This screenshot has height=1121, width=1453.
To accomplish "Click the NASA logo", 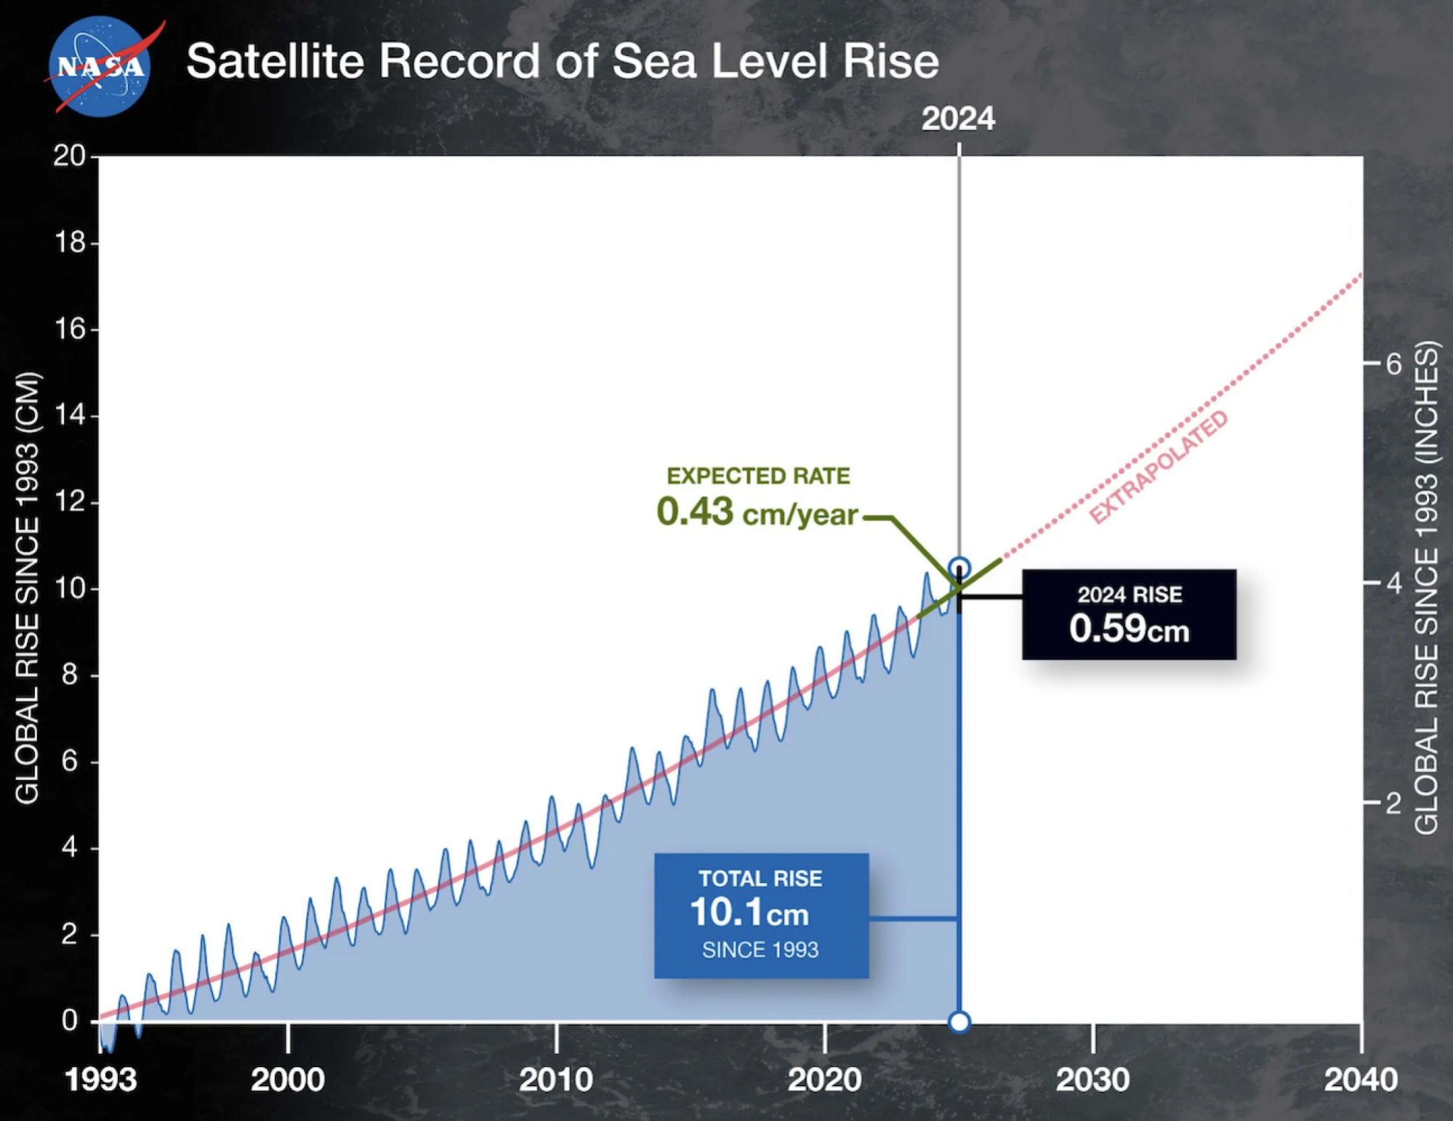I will tap(100, 66).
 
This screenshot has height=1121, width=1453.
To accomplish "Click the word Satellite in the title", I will tap(275, 60).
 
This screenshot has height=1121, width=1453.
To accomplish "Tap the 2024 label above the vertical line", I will tap(957, 118).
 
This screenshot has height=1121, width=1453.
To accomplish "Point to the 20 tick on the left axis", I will tap(69, 156).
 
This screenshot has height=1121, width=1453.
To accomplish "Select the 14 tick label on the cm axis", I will tap(71, 415).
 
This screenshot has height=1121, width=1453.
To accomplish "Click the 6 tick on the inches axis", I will tap(1393, 363).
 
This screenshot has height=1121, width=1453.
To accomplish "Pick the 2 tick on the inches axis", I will tap(1393, 803).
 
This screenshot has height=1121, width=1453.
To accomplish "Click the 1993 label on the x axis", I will tap(100, 1080).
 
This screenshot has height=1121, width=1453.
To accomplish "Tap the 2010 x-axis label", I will tap(555, 1080).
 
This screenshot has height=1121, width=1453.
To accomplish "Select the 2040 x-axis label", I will tap(1360, 1080).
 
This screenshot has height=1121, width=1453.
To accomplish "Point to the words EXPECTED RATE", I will tap(757, 475).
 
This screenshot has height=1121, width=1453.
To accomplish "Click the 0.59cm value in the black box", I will tap(1128, 628).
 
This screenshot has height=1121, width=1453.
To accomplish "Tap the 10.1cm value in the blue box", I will tap(749, 912).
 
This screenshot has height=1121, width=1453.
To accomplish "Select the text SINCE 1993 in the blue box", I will tap(760, 950).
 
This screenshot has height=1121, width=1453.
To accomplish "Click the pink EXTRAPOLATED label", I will tap(1159, 467).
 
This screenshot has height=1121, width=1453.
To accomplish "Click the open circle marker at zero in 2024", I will tap(959, 1022).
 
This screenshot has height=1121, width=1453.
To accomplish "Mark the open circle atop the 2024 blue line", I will tap(959, 568).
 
